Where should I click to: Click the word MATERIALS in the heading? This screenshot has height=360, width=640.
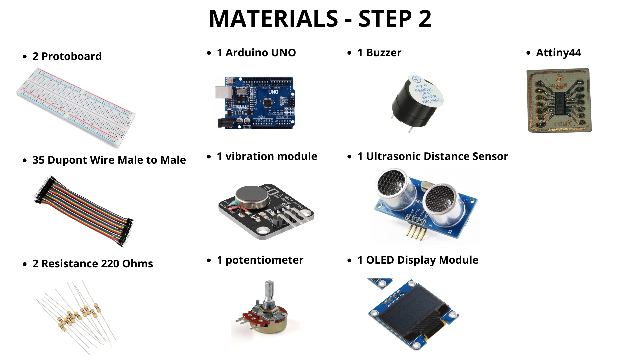point(273,19)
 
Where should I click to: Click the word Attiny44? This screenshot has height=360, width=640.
point(558,53)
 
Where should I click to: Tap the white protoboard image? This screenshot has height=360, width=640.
point(76,107)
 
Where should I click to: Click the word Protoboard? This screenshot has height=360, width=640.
point(71,56)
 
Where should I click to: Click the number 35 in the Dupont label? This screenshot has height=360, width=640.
point(38,160)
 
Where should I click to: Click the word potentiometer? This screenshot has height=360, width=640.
point(264,260)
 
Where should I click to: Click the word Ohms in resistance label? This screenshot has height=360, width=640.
point(137,264)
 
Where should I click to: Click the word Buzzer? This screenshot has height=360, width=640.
point(384,53)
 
